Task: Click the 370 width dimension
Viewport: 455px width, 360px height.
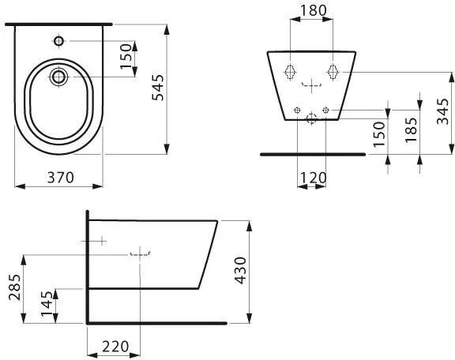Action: [61, 178]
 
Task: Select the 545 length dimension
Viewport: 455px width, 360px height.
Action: [158, 88]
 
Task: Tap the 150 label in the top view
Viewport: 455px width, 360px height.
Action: [126, 56]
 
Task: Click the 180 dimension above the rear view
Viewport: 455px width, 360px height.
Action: [313, 11]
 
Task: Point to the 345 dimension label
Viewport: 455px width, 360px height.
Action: [443, 111]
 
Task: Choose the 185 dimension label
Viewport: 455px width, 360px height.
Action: [412, 129]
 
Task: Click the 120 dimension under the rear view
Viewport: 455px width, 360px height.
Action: [313, 178]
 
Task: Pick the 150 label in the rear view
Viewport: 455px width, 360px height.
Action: [379, 134]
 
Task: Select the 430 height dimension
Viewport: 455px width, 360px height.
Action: [241, 270]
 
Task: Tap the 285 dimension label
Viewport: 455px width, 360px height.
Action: [14, 287]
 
